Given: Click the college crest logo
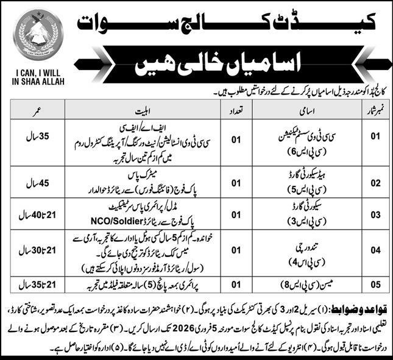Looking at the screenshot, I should [x=38, y=35].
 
